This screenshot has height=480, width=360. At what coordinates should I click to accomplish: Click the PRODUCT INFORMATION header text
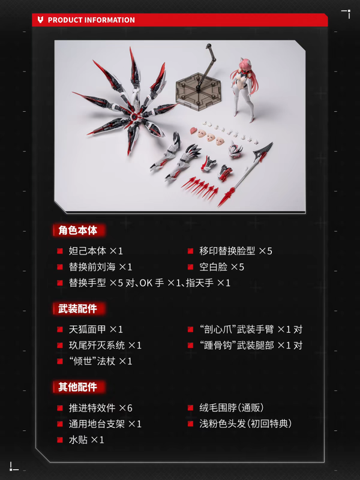coord(91,20)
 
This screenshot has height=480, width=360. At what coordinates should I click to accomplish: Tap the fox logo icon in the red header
coord(40,20)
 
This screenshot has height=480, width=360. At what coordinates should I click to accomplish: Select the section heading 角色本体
coord(78,230)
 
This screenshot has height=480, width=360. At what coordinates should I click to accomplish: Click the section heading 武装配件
coord(78,308)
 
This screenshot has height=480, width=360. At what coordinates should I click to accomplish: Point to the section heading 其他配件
coord(78,387)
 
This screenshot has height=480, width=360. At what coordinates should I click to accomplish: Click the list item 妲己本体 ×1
coord(96,251)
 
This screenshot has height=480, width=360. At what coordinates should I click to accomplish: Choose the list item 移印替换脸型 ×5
coord(236,251)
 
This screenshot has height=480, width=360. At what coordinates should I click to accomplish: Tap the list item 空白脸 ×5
coord(221,267)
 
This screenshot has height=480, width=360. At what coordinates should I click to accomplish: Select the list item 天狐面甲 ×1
coord(96,329)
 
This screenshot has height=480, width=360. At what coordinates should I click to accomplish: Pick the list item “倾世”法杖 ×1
coord(100,361)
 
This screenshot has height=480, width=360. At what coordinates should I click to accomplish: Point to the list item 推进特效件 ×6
coord(100,408)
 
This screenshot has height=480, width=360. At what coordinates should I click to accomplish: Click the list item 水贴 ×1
coord(86,440)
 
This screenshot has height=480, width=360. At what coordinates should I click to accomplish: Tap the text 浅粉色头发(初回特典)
coord(245,424)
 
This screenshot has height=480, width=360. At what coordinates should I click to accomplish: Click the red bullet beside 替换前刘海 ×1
coord(60,267)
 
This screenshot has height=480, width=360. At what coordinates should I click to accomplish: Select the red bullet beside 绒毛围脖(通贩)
coord(190,408)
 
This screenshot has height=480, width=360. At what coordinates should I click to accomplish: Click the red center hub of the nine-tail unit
coord(134,117)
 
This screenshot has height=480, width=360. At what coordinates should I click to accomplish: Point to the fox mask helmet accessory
coord(236,149)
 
